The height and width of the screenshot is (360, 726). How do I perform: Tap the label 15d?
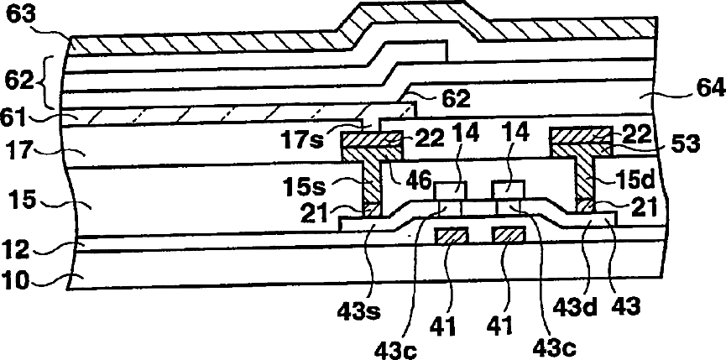(619, 180)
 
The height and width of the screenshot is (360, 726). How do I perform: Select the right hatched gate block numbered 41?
(509, 237)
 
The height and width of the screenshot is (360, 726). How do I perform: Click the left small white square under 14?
(452, 191)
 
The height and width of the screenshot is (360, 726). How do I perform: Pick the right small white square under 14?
(509, 191)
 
